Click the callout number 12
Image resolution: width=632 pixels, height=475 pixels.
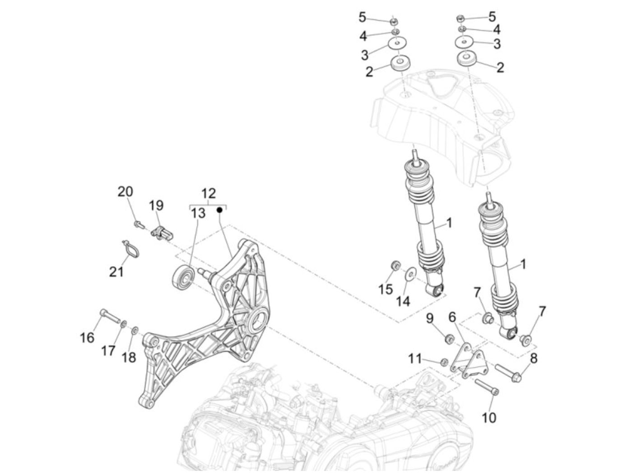208,193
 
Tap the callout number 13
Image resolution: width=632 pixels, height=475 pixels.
198,213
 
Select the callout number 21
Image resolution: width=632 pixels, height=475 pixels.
116,272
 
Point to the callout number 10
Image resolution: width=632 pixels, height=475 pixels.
489,417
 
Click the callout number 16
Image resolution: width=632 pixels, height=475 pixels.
87,338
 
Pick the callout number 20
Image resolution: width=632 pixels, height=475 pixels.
125,191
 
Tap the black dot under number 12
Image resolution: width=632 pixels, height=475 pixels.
220,210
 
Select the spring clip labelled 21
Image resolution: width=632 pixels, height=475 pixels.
131,249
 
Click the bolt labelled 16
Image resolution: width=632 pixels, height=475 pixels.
110,316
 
